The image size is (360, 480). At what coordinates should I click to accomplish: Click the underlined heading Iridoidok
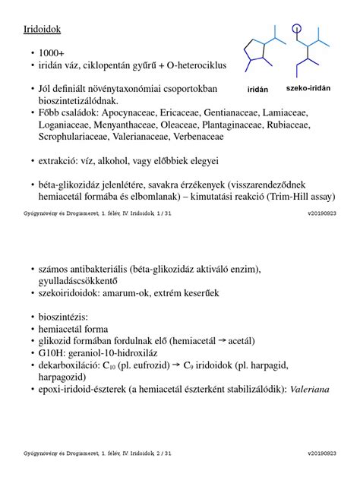[x=43, y=29]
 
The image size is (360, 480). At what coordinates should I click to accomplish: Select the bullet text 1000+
[x=52, y=54]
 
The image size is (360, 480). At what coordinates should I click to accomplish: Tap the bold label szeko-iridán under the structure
[x=308, y=88]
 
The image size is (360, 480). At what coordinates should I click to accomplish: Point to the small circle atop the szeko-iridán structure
[x=296, y=30]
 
